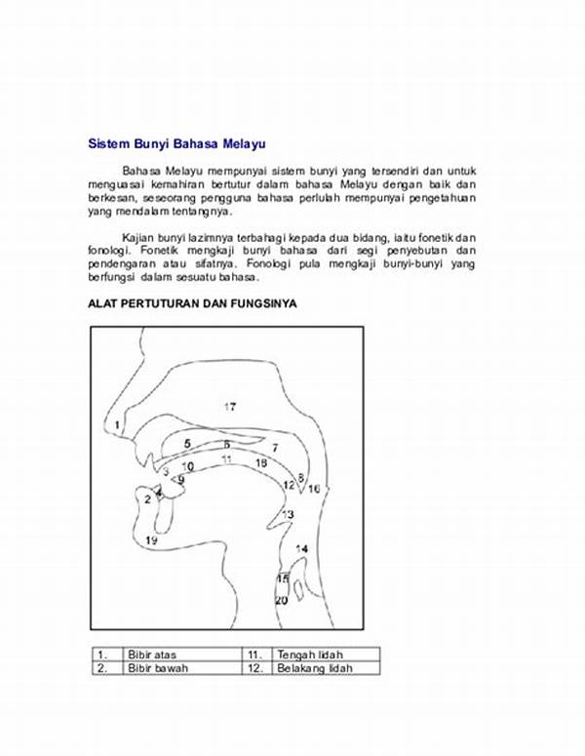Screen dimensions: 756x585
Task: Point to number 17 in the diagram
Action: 230,407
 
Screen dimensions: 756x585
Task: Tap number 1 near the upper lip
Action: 117,425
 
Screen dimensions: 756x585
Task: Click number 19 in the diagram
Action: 151,539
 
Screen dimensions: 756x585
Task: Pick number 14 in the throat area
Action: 301,549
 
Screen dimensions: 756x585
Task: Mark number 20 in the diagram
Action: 281,601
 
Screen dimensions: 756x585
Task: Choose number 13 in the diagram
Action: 288,514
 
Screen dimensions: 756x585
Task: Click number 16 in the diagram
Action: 314,489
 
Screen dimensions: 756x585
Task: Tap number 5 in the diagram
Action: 187,444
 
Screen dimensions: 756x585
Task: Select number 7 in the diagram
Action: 275,448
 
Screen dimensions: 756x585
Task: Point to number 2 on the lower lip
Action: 148,498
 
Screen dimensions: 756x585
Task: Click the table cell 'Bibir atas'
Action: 152,654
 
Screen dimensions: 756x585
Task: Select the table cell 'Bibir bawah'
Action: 155,668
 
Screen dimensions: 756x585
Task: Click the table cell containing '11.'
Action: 256,654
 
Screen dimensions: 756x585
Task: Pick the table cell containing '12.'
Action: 256,668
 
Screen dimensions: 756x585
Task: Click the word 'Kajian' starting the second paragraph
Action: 139,237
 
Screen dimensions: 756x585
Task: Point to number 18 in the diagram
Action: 260,463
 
